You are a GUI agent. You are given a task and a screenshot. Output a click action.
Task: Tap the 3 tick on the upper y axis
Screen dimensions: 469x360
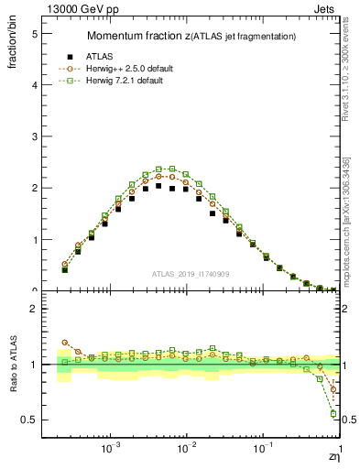coord(34,136)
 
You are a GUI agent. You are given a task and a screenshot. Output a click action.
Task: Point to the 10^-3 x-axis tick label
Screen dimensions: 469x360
coord(110,449)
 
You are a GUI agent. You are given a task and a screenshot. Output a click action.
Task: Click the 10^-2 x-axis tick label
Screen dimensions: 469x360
coord(186,449)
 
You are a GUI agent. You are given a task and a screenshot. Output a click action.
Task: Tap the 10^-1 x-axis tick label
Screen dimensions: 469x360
coord(263,449)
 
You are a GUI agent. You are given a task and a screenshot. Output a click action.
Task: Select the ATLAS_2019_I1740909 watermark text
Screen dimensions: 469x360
coord(190,274)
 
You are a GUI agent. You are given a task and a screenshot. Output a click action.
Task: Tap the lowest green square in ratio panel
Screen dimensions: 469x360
coord(332,414)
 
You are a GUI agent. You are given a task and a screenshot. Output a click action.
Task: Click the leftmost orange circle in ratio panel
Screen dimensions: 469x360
coord(64,342)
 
